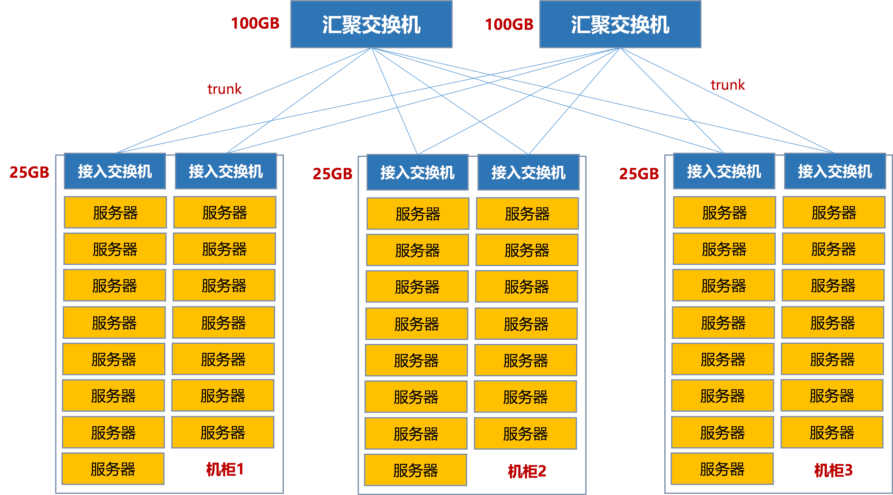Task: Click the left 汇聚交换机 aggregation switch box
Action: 371,24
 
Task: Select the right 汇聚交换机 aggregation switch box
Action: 620,24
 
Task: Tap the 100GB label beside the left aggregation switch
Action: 255,24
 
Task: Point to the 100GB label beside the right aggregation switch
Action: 509,24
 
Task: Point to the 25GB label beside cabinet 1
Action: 30,172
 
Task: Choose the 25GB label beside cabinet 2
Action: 332,174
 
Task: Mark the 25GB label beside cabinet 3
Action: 639,174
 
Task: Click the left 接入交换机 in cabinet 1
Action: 115,171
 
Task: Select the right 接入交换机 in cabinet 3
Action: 835,171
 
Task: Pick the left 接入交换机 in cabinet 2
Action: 417,173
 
